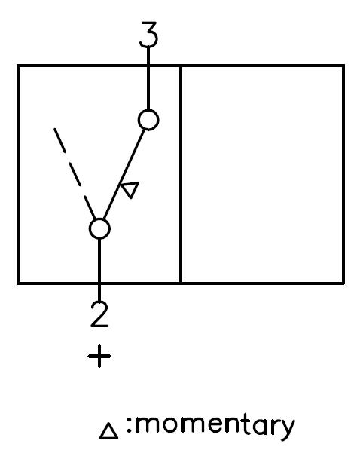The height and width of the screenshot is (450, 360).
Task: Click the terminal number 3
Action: tap(149, 35)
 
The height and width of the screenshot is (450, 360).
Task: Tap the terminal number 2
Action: tap(99, 314)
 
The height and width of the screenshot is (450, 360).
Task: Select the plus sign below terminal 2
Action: tap(99, 356)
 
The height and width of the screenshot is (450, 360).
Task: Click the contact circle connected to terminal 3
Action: tap(148, 120)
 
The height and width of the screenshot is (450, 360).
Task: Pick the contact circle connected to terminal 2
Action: tap(99, 228)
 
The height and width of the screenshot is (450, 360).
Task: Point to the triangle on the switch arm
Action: tap(130, 189)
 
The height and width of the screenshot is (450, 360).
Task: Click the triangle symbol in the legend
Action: tap(108, 430)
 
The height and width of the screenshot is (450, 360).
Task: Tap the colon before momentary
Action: tap(129, 425)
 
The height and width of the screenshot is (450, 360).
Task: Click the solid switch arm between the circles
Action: tap(124, 174)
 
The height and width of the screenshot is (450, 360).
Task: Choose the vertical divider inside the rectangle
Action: tap(181, 174)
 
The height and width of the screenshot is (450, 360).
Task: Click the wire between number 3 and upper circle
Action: tap(148, 78)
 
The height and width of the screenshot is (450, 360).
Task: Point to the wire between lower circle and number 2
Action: tap(99, 271)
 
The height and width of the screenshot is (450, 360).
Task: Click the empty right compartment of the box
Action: tap(263, 174)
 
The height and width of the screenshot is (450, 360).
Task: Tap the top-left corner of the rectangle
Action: tap(18, 66)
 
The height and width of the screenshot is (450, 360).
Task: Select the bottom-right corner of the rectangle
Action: tap(343, 283)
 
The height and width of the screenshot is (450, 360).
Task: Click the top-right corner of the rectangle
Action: tap(343, 66)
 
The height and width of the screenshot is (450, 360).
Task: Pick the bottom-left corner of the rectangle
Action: tap(18, 283)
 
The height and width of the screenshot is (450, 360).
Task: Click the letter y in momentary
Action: tap(285, 430)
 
